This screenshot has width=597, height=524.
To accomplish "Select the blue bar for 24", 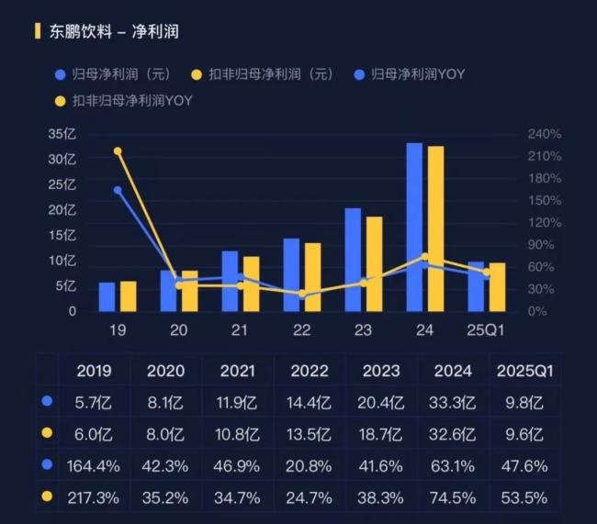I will (x=414, y=227).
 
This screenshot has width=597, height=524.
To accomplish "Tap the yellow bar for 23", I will (x=374, y=263).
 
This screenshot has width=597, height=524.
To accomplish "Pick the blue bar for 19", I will (x=107, y=296).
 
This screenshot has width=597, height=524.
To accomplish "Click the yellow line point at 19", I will (x=118, y=151).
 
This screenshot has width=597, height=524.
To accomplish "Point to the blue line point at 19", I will (x=118, y=190).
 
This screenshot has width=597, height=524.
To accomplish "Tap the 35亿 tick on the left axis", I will (x=63, y=134).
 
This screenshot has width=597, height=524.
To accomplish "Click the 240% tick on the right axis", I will (x=544, y=134).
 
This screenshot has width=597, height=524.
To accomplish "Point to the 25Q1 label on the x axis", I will (x=486, y=329).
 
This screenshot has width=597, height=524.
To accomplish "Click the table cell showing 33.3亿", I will (x=452, y=402).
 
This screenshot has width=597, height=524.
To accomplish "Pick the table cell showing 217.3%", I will (x=94, y=497).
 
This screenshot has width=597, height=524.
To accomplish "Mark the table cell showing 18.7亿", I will (x=380, y=434).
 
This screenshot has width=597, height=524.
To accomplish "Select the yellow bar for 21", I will (x=251, y=284).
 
